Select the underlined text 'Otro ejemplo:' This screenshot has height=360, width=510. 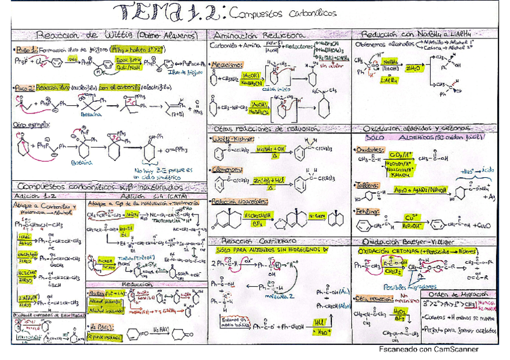pos(28,124)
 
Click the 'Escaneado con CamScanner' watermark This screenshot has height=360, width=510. pos(428,349)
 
